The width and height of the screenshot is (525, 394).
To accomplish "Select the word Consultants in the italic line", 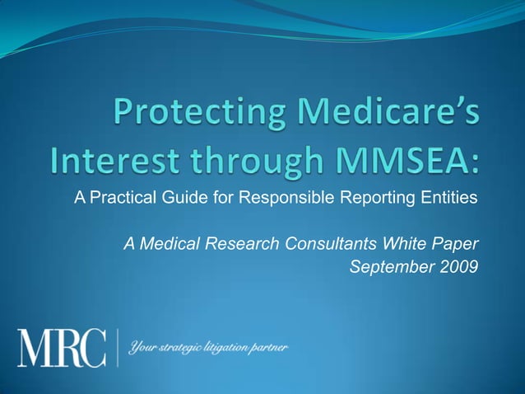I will coord(323,244).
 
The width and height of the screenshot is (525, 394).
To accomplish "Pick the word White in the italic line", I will coord(397,244).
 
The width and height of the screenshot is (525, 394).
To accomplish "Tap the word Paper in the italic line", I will coord(453,244).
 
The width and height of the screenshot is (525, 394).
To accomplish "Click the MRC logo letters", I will coord(63,347).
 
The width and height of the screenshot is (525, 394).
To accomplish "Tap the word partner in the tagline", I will coord(268,348).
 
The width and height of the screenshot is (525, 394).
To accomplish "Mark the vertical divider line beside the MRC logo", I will coord(118,347).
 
